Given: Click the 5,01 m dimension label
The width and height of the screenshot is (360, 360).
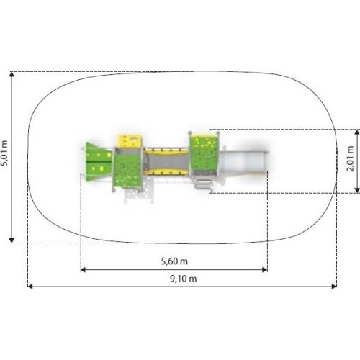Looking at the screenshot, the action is (4, 153).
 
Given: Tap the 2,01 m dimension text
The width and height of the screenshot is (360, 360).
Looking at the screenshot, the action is (351, 158).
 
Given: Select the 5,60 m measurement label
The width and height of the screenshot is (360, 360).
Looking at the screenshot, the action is (174, 261).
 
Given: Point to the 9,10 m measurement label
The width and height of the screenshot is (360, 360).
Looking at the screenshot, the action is (184, 279).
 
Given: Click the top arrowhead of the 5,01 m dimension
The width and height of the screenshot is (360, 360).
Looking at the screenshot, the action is (12, 74).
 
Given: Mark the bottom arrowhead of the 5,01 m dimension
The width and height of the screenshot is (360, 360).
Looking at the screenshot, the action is (12, 240).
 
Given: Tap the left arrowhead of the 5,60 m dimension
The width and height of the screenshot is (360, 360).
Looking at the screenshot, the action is (83, 270).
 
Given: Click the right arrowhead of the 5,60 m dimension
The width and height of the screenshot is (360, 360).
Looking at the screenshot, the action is (265, 270).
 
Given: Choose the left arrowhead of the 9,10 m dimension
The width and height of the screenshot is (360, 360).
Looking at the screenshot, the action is (30, 286).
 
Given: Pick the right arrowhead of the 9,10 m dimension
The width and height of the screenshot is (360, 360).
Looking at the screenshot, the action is (334, 286).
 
